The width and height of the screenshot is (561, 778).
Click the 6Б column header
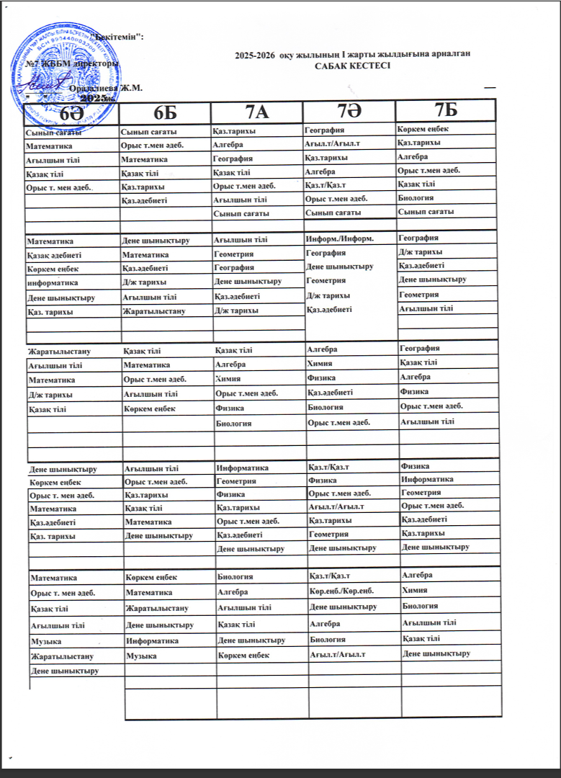coord(166,113)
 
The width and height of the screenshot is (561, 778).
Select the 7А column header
coord(257,112)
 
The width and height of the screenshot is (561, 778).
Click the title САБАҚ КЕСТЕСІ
coord(353,66)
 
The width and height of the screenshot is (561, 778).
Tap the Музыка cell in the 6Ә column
coord(45,640)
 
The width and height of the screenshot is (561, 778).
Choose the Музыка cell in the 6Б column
coord(140,656)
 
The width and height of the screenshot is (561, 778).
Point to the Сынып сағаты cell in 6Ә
coord(53,133)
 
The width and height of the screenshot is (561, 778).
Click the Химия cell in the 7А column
coord(228,378)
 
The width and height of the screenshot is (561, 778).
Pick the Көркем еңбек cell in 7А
coord(243,655)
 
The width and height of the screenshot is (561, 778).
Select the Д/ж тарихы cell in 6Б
coord(145,282)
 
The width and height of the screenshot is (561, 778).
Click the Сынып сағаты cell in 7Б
coord(426,212)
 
